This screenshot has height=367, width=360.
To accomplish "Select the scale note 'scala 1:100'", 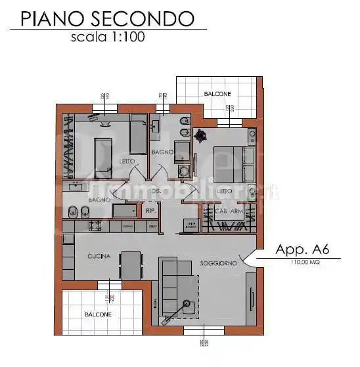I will point(108,37).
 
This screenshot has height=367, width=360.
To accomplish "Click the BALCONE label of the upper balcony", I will point(217,94).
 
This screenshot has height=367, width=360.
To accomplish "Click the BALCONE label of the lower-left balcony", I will point(98,314).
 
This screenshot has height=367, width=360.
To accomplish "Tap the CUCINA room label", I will point(99,256).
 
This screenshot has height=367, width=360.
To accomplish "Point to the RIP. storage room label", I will point(150,211).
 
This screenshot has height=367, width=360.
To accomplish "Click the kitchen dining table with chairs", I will point(131,265).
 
